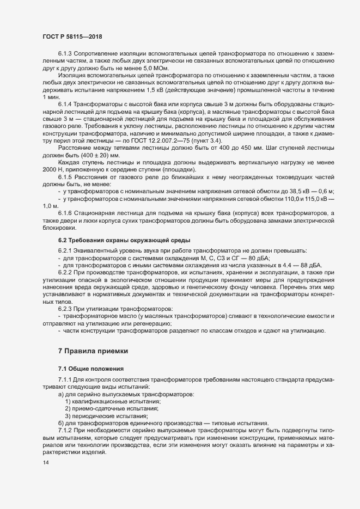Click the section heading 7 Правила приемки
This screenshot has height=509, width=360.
click(94, 352)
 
